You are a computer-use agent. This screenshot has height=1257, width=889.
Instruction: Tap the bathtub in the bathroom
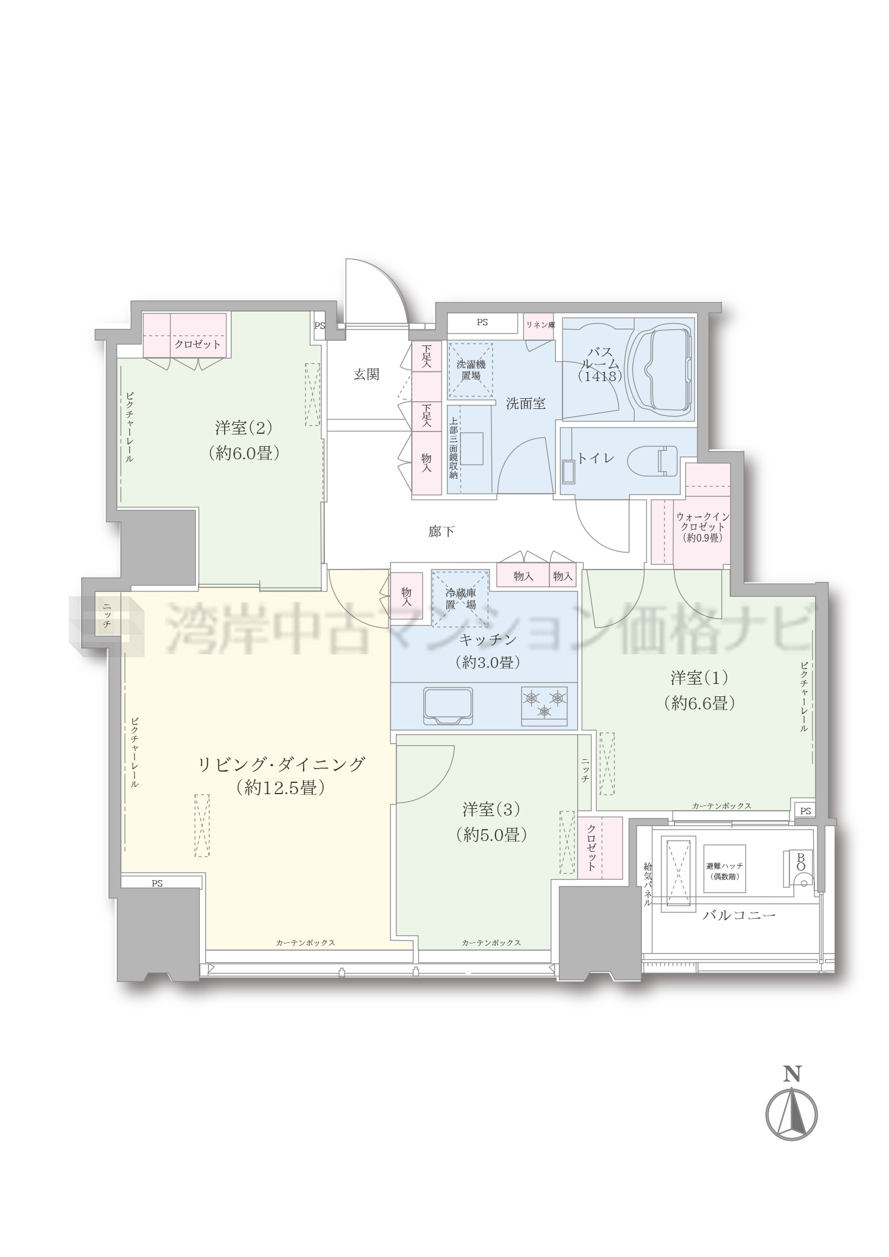click(x=663, y=369)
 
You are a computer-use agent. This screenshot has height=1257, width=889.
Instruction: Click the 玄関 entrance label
click(x=366, y=374)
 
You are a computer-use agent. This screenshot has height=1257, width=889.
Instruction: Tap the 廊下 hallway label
click(x=442, y=532)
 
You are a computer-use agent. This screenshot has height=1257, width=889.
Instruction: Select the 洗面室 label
click(x=525, y=404)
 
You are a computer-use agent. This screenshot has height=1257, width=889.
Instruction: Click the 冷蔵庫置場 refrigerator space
click(x=461, y=599)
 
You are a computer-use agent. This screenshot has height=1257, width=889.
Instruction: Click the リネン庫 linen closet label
click(x=540, y=324)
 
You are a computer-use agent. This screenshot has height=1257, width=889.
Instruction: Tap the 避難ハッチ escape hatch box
click(x=724, y=869)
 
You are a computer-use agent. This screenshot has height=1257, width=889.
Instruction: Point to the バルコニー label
click(x=738, y=915)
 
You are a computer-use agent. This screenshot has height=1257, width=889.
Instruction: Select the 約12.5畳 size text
click(x=280, y=788)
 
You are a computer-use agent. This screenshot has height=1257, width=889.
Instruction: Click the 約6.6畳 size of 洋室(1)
click(x=700, y=703)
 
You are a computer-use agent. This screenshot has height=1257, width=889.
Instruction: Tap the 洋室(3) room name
click(x=491, y=808)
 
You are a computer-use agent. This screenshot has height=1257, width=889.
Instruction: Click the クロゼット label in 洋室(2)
click(x=197, y=344)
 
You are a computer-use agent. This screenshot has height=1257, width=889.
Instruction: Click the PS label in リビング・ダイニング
click(x=156, y=883)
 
